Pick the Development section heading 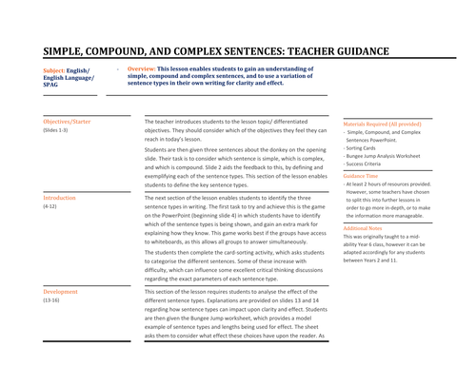click(x=61, y=292)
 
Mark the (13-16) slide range click(x=52, y=300)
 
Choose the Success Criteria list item click(x=369, y=165)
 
